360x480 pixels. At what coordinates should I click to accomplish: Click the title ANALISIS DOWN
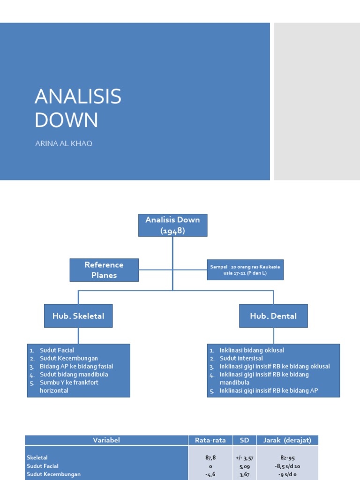(78, 108)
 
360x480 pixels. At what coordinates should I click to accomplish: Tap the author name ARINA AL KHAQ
(64, 143)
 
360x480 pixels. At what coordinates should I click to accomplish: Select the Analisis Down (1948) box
(172, 225)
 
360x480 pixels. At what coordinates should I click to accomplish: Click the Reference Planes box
(104, 270)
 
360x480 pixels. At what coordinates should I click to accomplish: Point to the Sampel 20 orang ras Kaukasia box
(245, 270)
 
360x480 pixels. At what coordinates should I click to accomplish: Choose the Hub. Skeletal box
(78, 316)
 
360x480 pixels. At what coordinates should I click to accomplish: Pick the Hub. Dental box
(273, 316)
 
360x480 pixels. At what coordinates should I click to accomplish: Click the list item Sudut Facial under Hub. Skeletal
(57, 350)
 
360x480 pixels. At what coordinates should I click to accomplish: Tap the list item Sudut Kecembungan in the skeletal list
(68, 358)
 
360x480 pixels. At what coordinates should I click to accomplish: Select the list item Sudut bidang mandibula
(74, 375)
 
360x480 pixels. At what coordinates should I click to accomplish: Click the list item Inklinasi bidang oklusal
(251, 350)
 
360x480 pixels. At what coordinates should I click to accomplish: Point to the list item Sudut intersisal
(240, 358)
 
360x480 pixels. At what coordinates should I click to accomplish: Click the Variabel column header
(106, 440)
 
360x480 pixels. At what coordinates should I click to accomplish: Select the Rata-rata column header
(210, 440)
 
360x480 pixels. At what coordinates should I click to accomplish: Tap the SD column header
(244, 440)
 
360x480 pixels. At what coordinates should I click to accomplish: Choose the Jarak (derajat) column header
(288, 440)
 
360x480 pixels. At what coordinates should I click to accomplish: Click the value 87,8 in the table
(210, 458)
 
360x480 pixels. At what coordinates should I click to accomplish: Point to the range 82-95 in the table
(288, 458)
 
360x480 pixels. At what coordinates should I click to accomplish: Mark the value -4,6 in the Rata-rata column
(210, 474)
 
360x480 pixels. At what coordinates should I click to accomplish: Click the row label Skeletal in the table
(37, 457)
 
